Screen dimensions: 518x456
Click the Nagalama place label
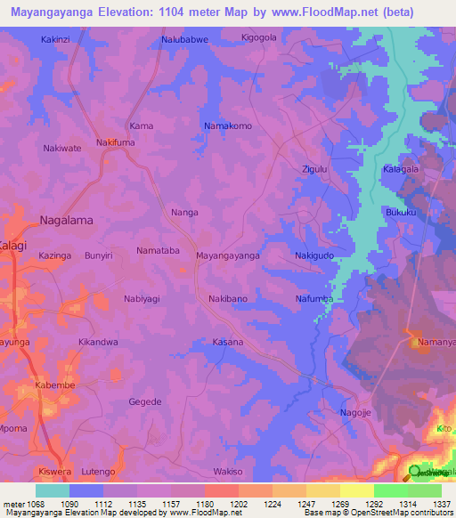pyautogui.click(x=67, y=220)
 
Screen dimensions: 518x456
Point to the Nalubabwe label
pyautogui.click(x=183, y=40)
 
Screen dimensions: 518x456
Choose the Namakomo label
pyautogui.click(x=228, y=125)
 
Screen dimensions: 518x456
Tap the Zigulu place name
pyautogui.click(x=315, y=167)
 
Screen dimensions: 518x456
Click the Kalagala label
pyautogui.click(x=400, y=168)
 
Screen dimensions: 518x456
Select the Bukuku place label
pyautogui.click(x=401, y=214)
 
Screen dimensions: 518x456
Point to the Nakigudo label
pyautogui.click(x=314, y=255)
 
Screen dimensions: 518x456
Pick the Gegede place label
pyautogui.click(x=145, y=401)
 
